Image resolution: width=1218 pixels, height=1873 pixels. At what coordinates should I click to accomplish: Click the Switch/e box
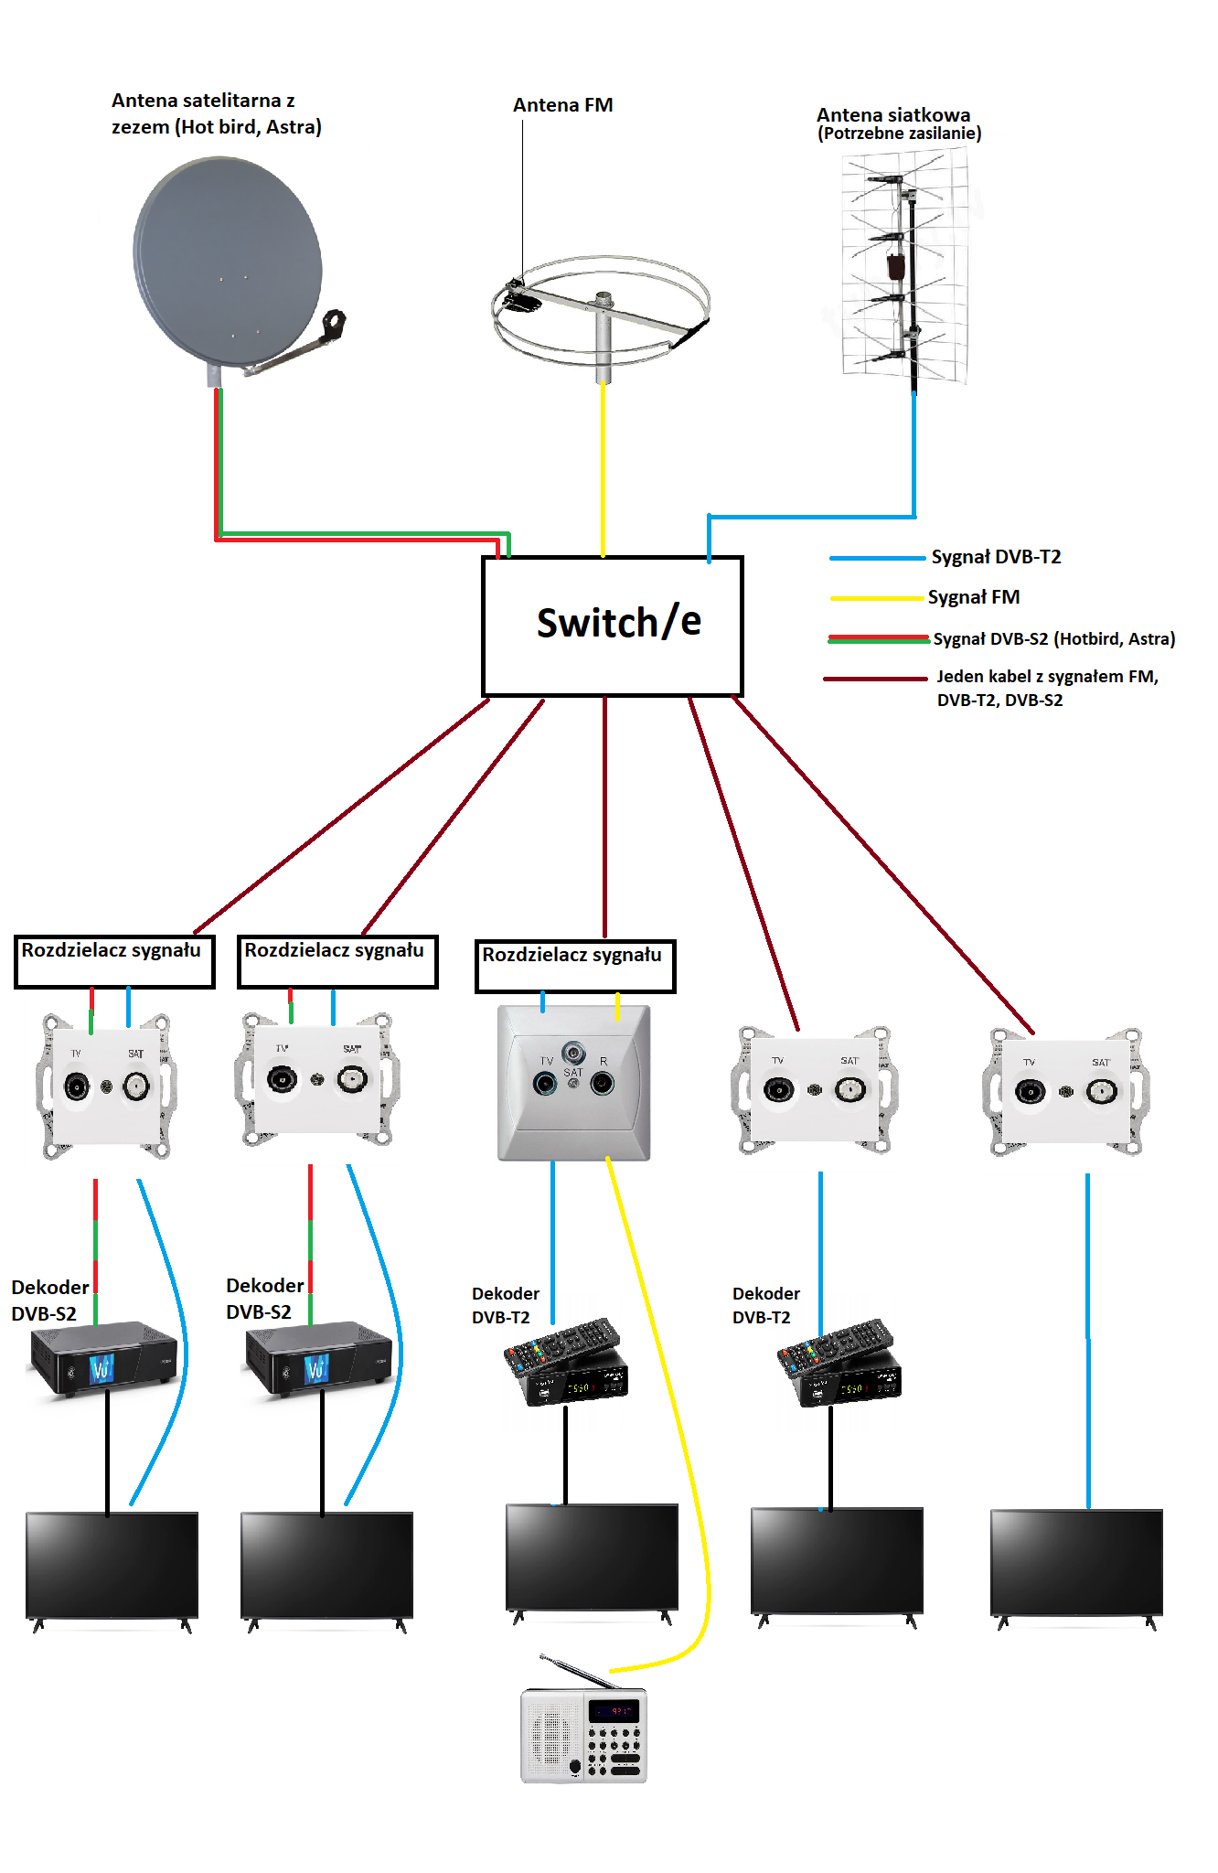click(612, 626)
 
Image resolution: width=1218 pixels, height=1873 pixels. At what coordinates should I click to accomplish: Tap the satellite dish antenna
click(229, 261)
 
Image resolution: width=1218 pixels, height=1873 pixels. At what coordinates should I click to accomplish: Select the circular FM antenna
click(601, 311)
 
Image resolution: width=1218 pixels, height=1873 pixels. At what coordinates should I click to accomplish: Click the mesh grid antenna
click(905, 265)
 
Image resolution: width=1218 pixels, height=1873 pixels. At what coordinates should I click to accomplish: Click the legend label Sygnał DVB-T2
click(996, 557)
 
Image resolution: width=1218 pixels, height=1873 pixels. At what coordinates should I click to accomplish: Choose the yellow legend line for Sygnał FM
click(876, 598)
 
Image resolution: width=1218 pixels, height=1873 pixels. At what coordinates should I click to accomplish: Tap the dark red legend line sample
click(874, 679)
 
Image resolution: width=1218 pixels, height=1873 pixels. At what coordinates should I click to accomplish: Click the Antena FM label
click(562, 105)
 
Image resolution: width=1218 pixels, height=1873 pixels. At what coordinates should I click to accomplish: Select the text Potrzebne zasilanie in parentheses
click(900, 134)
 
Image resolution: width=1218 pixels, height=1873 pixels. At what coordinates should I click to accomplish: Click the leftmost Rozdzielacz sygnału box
click(114, 961)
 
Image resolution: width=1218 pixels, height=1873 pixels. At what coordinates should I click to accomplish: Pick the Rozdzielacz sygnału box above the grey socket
click(575, 966)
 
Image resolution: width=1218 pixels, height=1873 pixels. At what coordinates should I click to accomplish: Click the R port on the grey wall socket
click(603, 1084)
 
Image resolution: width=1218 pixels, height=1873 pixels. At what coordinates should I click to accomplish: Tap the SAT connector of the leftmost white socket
click(136, 1086)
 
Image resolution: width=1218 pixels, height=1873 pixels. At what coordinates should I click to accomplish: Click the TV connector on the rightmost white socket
click(1030, 1092)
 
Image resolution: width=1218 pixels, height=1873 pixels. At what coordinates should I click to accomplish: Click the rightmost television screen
click(1076, 1563)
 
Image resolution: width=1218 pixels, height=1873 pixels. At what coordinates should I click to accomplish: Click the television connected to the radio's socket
click(592, 1557)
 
